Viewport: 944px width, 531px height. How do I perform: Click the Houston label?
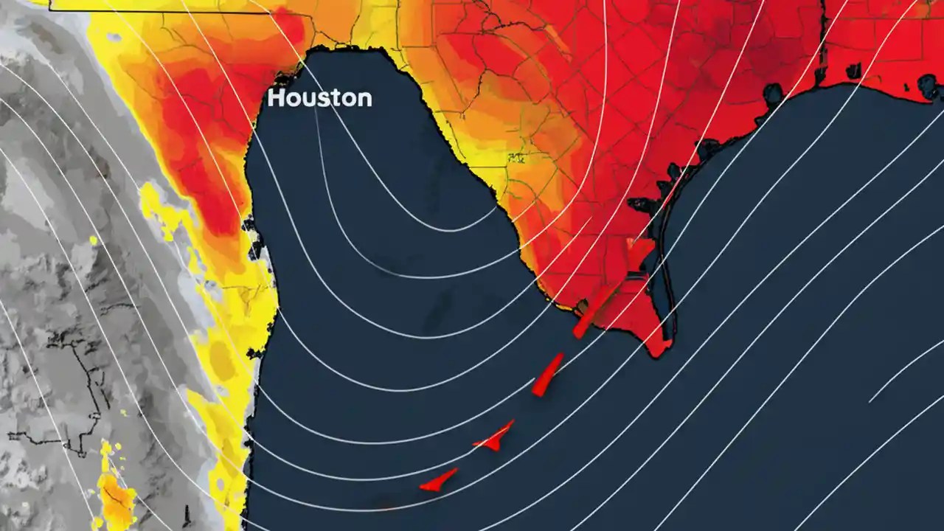(319, 98)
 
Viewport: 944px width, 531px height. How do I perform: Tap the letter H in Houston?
(276, 98)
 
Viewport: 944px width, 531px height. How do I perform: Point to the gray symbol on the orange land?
(517, 157)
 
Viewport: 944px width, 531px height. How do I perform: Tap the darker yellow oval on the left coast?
(221, 361)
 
